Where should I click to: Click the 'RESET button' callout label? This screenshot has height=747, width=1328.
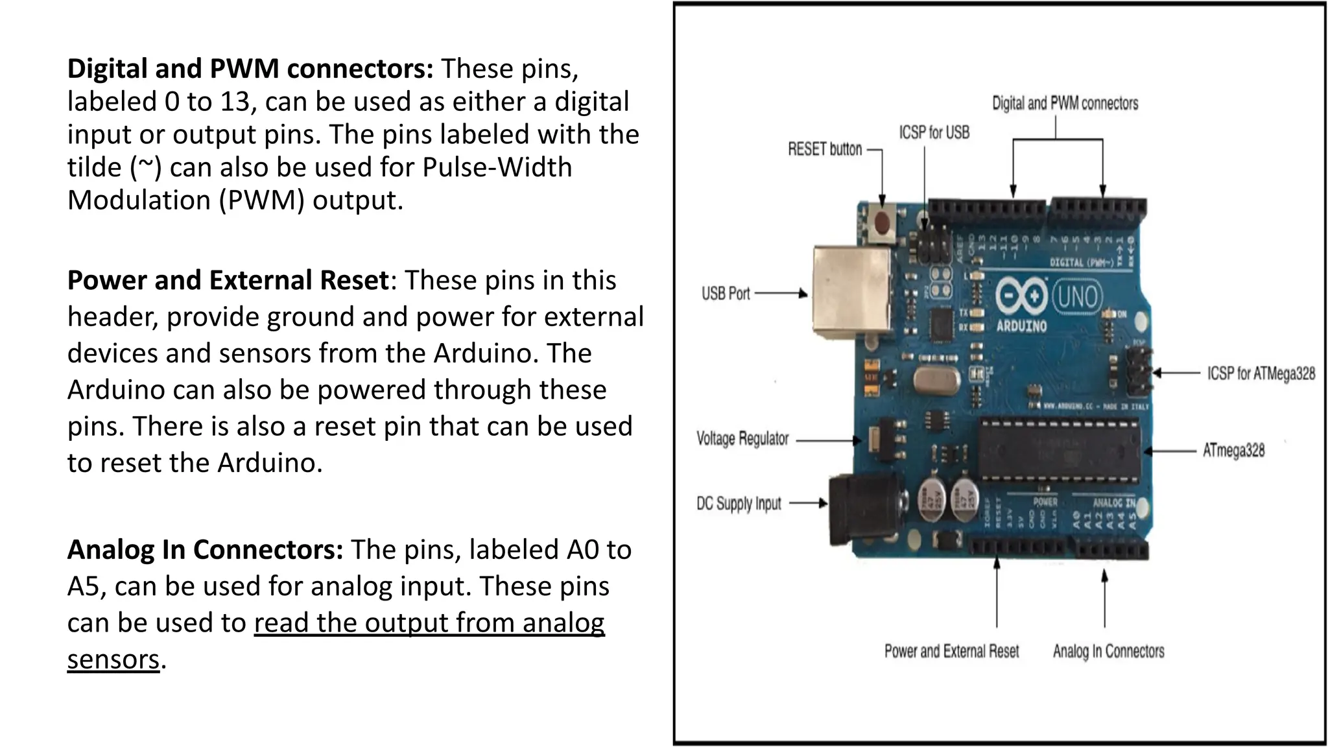coord(825,149)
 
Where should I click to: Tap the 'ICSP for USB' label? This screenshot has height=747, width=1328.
coord(934,132)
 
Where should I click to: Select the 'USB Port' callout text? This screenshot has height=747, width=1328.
coord(725,294)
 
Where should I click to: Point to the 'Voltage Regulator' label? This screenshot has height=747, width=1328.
coord(742,439)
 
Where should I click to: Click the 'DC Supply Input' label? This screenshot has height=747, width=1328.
coord(739,504)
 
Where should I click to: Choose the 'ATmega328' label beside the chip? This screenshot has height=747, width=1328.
coord(1233,450)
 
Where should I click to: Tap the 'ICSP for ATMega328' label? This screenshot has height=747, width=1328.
coord(1261,373)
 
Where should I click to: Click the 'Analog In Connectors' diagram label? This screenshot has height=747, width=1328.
coord(1108,651)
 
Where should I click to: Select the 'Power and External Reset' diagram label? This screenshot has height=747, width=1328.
coord(951,651)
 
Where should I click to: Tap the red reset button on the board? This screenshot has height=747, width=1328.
coord(882,222)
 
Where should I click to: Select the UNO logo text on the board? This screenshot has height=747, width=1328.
coord(1076,297)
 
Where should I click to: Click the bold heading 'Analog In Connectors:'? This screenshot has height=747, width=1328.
coord(205,550)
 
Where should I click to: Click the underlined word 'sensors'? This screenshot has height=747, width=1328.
coord(113,659)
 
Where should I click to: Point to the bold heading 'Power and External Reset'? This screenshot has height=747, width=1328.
coord(228,280)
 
